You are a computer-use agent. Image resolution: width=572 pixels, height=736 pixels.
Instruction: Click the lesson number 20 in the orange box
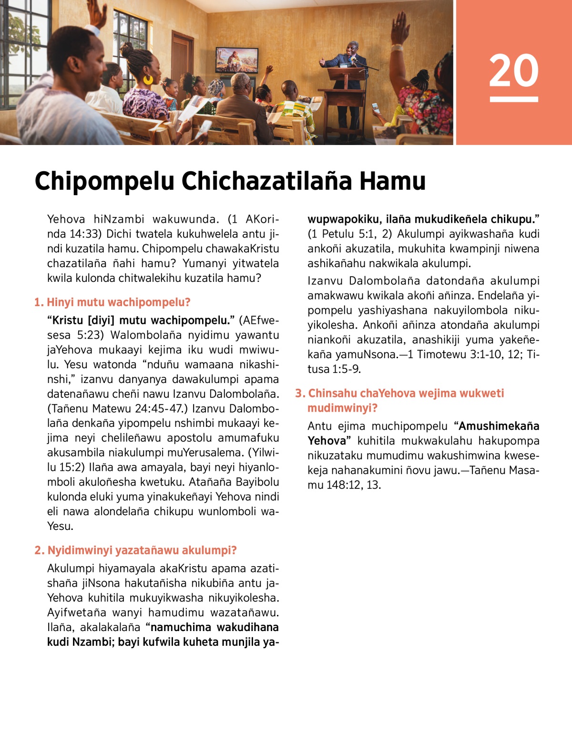(513, 70)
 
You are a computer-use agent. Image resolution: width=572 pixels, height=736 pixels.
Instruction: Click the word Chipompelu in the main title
(104, 181)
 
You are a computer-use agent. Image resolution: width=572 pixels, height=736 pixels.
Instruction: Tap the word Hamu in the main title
(392, 181)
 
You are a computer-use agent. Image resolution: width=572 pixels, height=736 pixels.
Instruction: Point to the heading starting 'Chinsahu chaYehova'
(405, 394)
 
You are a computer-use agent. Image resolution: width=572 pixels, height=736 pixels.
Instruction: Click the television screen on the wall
(237, 60)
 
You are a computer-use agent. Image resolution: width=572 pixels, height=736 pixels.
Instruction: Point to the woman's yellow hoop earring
(148, 79)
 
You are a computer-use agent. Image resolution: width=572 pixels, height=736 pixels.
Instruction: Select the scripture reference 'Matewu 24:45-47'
(134, 409)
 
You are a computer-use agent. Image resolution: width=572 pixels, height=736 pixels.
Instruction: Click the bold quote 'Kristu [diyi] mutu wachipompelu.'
(141, 320)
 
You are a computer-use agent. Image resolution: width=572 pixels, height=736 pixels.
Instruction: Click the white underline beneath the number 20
(513, 99)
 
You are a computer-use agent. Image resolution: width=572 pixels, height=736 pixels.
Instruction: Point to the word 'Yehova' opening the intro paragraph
(66, 219)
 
